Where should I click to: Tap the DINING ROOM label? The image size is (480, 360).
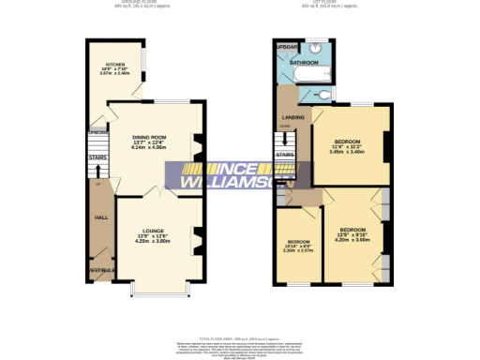coord(155,138)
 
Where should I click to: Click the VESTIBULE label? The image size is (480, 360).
coord(101,270)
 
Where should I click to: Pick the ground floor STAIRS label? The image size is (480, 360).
coord(97,158)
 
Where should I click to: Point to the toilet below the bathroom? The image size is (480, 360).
coord(323,95)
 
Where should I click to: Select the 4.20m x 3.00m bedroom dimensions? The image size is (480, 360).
coord(352,239)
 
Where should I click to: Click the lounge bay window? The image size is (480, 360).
coord(158,290)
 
